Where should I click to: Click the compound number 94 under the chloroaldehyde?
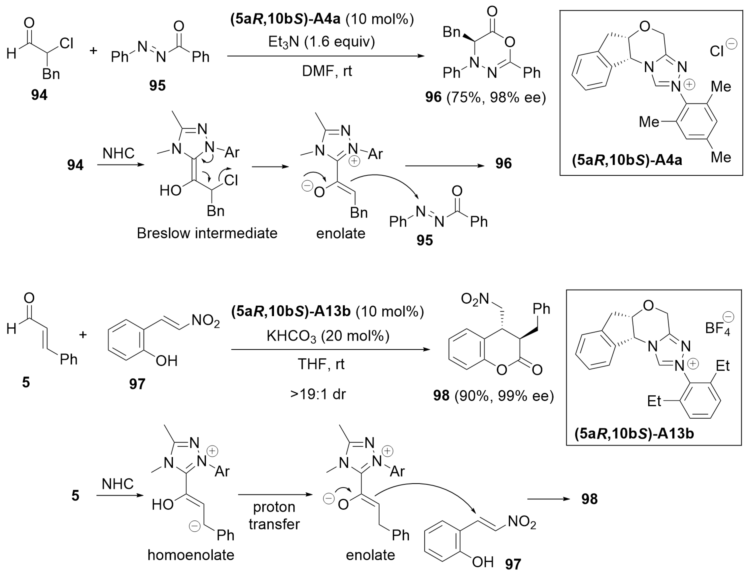click(39, 95)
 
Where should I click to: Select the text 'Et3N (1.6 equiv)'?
click(321, 42)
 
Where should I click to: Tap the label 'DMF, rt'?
click(327, 71)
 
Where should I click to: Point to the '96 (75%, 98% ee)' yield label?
click(485, 97)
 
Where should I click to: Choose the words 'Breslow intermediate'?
click(207, 233)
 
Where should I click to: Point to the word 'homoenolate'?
click(191, 554)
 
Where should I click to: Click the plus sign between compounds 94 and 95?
click(93, 51)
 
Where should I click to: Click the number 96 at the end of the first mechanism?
click(503, 163)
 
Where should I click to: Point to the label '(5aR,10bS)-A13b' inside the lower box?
click(634, 434)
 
